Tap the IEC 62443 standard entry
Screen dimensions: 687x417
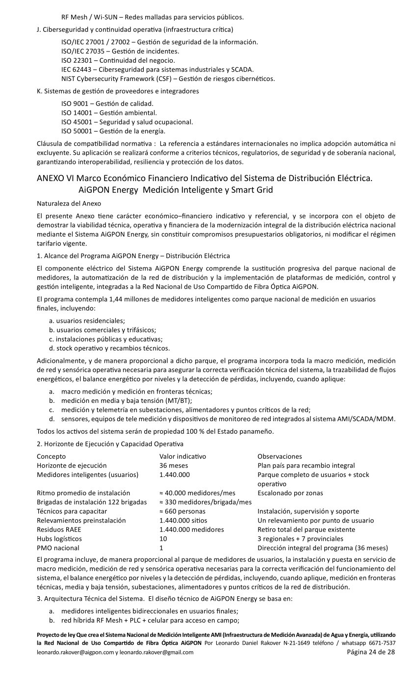point(157,69)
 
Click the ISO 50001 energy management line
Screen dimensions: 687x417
point(113,131)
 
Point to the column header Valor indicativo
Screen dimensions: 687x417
point(182,456)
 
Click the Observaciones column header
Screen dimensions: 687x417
point(280,456)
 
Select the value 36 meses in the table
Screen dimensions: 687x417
point(174,465)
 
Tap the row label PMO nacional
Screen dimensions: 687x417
point(58,548)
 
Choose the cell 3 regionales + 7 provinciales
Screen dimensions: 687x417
point(300,539)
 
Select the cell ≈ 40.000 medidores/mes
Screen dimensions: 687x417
point(197,493)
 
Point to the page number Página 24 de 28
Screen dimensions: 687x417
point(370,652)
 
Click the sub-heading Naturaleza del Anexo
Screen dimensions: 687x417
point(69,202)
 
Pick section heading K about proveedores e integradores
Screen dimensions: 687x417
point(118,91)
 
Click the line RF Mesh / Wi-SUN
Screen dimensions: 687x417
point(152,17)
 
